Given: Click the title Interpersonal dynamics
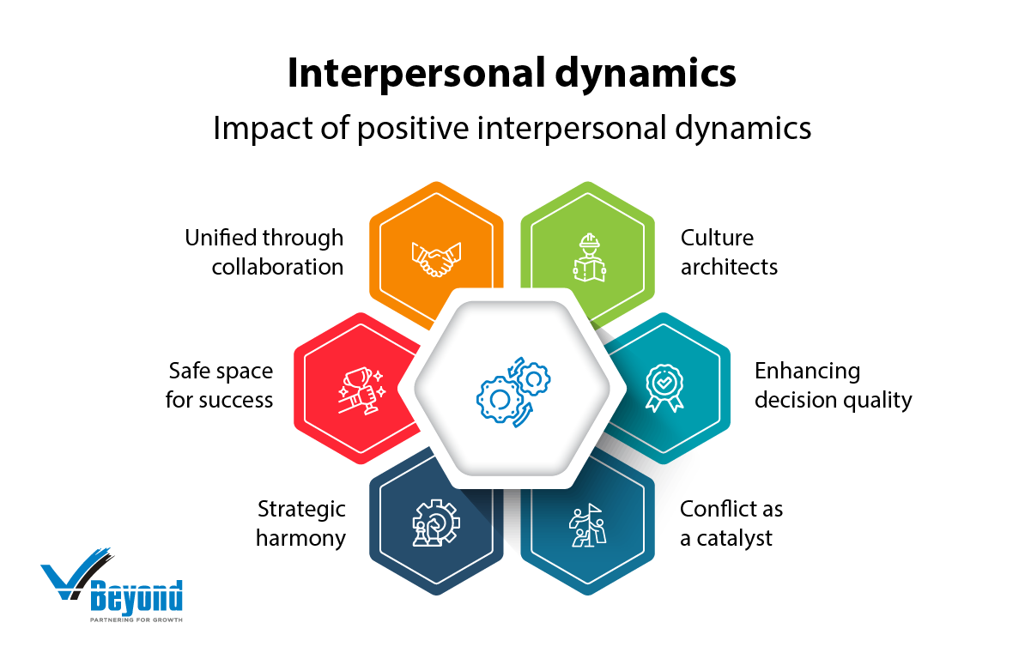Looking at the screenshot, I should pyautogui.click(x=512, y=74).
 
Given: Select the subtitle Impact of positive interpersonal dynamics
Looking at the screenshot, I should pyautogui.click(x=512, y=128).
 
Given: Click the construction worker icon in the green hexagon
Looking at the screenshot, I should pyautogui.click(x=589, y=257).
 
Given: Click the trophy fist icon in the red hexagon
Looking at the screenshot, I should pyautogui.click(x=361, y=391).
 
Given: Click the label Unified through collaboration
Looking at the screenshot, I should pyautogui.click(x=265, y=251).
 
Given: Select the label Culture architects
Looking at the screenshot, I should pyautogui.click(x=729, y=251).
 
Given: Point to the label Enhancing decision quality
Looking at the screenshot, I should pyautogui.click(x=832, y=385).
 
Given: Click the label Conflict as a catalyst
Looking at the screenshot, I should pyautogui.click(x=731, y=523).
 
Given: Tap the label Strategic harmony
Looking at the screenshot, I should pyautogui.click(x=301, y=523).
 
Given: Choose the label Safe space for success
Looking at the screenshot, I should pyautogui.click(x=221, y=385).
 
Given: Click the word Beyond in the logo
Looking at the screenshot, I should pyautogui.click(x=136, y=595).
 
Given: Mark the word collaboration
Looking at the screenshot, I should pyautogui.click(x=277, y=266).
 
